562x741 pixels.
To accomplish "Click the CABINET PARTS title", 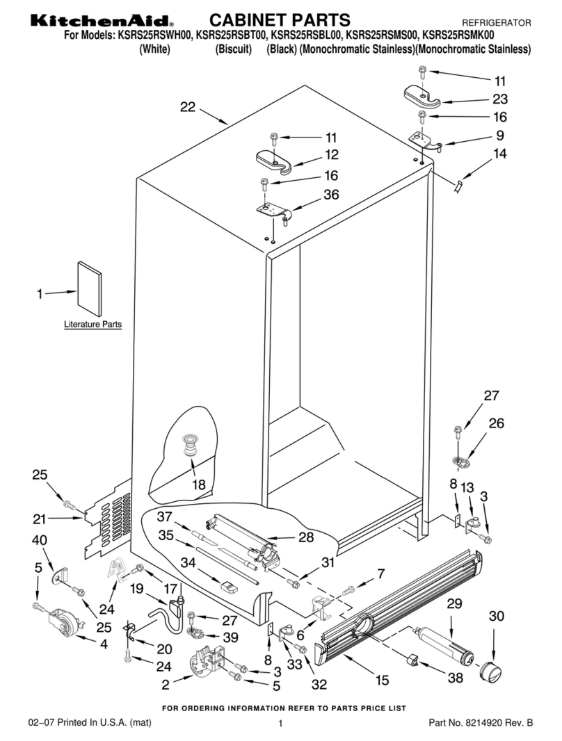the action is click(x=280, y=20).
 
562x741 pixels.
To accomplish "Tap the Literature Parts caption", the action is click(x=93, y=324).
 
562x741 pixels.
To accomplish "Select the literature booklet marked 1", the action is click(x=89, y=288).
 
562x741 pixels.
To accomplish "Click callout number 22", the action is click(x=188, y=107).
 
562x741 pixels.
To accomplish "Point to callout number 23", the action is click(x=499, y=99).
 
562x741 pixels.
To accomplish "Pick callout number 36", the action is click(x=331, y=194).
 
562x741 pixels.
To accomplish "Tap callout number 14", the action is click(x=499, y=154).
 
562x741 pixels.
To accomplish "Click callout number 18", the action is click(x=199, y=485).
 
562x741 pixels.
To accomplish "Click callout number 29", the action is click(x=454, y=603).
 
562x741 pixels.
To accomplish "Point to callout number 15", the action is click(x=382, y=680).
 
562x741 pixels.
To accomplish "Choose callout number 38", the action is click(x=455, y=678).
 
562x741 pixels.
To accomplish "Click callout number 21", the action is click(x=39, y=519).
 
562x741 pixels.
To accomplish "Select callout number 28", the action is click(x=306, y=537).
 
